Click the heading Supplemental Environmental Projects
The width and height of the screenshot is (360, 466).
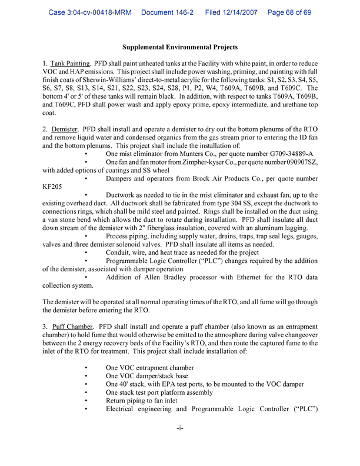click(180, 46)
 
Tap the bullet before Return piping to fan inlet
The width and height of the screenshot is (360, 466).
click(86, 400)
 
